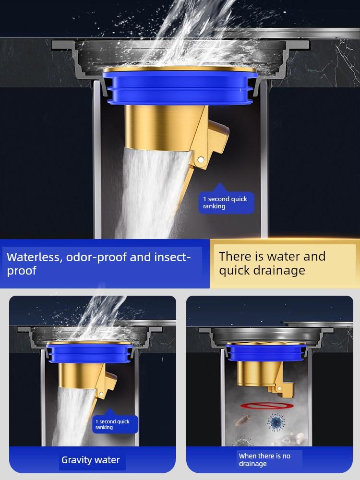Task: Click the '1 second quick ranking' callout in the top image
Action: [x=226, y=203]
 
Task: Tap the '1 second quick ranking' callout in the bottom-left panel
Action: [x=115, y=424]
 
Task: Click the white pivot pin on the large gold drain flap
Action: [x=200, y=159]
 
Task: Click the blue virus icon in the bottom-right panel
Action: [x=276, y=422]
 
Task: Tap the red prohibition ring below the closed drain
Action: [x=267, y=406]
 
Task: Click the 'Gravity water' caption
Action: [x=91, y=460]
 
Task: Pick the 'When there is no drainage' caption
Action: [x=264, y=460]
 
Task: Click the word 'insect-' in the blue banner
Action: [x=172, y=257]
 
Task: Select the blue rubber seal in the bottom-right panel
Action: [x=266, y=352]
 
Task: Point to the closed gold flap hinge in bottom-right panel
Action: [x=279, y=388]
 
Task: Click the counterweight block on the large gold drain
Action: [x=218, y=136]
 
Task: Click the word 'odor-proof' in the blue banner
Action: [x=96, y=257]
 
